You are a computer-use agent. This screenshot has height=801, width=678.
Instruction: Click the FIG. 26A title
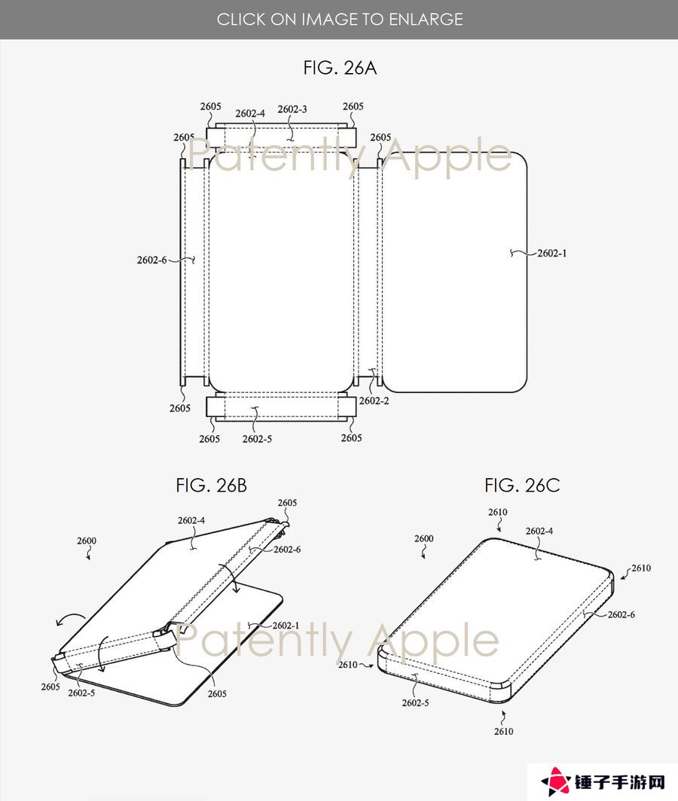(x=340, y=68)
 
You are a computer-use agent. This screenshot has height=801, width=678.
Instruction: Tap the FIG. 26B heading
(x=211, y=486)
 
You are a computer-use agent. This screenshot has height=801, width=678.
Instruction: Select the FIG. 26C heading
(x=522, y=486)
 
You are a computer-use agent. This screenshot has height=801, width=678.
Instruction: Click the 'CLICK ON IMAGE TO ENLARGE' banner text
(x=340, y=20)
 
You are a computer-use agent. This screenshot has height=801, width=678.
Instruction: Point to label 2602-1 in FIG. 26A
(x=551, y=254)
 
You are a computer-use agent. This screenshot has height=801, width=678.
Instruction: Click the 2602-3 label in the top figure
(x=292, y=109)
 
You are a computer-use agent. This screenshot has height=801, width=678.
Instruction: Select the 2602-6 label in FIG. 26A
(x=152, y=260)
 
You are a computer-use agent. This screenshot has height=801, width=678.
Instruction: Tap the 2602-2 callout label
(x=374, y=401)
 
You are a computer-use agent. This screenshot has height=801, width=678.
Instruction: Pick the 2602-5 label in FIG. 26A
(x=257, y=440)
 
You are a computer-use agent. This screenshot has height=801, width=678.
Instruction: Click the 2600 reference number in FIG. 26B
(x=87, y=541)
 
